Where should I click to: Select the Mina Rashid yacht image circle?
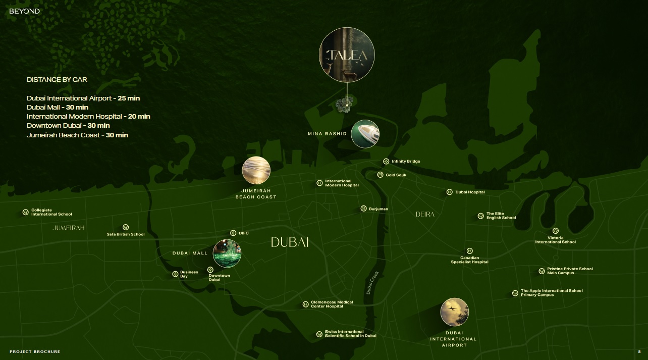point(365,134)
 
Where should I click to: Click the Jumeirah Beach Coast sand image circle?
point(256,171)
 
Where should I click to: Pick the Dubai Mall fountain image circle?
point(227,253)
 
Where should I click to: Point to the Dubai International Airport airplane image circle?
point(454,312)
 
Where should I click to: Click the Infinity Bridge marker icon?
point(386,162)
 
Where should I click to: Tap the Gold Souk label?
point(396,175)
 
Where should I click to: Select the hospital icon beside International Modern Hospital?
point(319,183)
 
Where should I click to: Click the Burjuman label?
point(378,209)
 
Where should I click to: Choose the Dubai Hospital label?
point(470,192)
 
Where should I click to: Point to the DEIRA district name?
point(425,215)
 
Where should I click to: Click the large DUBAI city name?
point(290,242)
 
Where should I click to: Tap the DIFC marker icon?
point(233,233)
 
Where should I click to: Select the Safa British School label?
point(125,234)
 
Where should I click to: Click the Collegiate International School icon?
point(25,213)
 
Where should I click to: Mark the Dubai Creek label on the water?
point(372,283)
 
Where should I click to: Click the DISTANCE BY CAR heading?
point(57,80)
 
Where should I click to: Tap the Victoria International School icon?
point(555,231)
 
